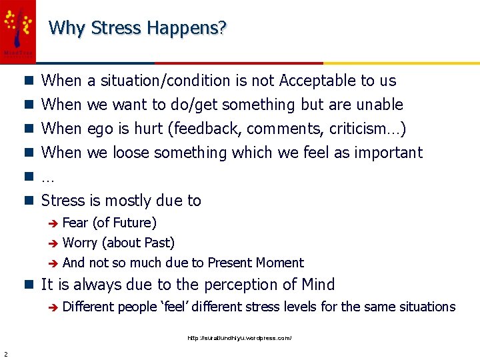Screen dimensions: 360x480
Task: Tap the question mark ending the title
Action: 223,28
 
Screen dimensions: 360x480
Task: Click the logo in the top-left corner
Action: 17,29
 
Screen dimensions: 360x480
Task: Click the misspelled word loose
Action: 131,153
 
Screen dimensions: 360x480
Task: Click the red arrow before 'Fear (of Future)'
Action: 54,223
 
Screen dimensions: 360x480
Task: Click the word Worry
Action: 80,243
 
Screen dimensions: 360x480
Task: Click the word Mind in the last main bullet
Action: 317,285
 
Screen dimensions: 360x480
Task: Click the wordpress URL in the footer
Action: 239,338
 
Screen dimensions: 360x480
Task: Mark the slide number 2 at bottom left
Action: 5,353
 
